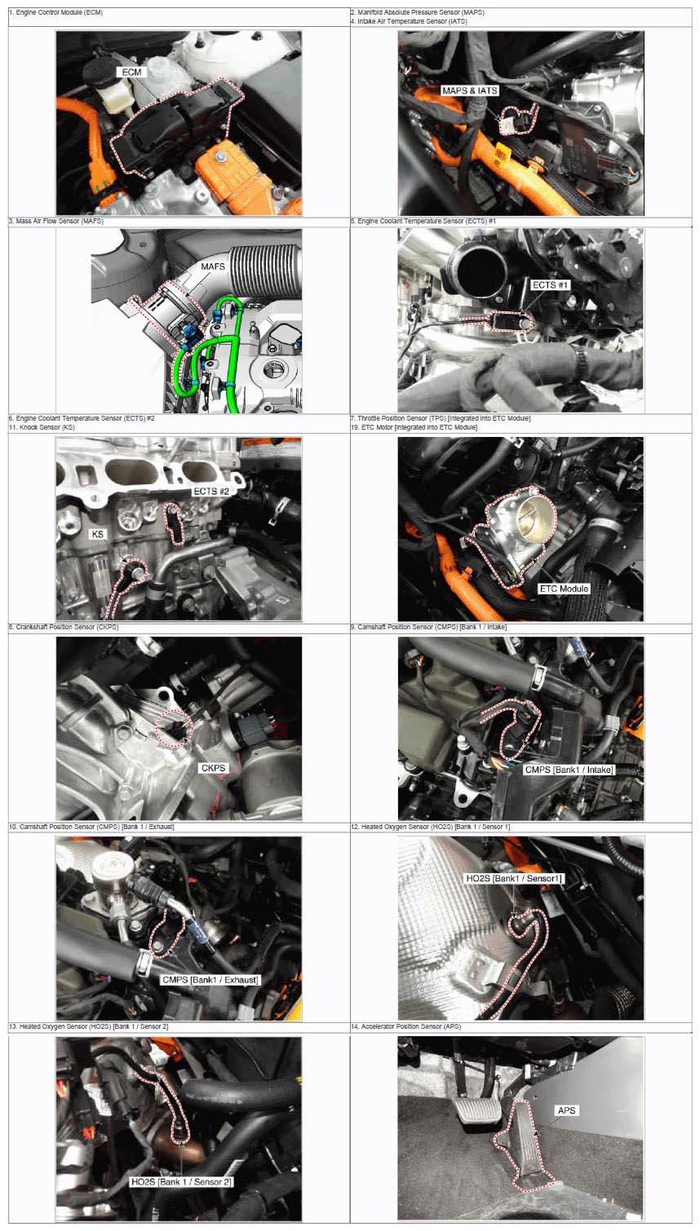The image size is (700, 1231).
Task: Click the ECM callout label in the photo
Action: click(132, 72)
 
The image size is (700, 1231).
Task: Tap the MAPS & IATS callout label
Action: click(470, 90)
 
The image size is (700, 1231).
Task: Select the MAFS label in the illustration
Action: click(213, 267)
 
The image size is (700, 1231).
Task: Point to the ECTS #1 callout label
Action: click(550, 285)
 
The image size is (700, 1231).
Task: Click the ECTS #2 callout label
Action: click(211, 492)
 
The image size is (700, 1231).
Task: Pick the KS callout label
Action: click(98, 534)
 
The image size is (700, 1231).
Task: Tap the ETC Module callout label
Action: click(565, 589)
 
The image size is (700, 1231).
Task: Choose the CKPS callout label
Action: click(214, 768)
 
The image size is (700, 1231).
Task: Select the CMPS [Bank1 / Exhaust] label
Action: click(210, 980)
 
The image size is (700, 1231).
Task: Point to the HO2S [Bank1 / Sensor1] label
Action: click(515, 878)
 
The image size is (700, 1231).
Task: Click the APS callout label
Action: click(566, 1110)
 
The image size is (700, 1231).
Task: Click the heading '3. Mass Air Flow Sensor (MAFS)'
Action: click(56, 221)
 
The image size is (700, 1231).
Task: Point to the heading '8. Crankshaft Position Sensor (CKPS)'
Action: click(64, 627)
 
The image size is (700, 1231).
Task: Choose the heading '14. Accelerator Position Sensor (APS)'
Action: click(406, 1026)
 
